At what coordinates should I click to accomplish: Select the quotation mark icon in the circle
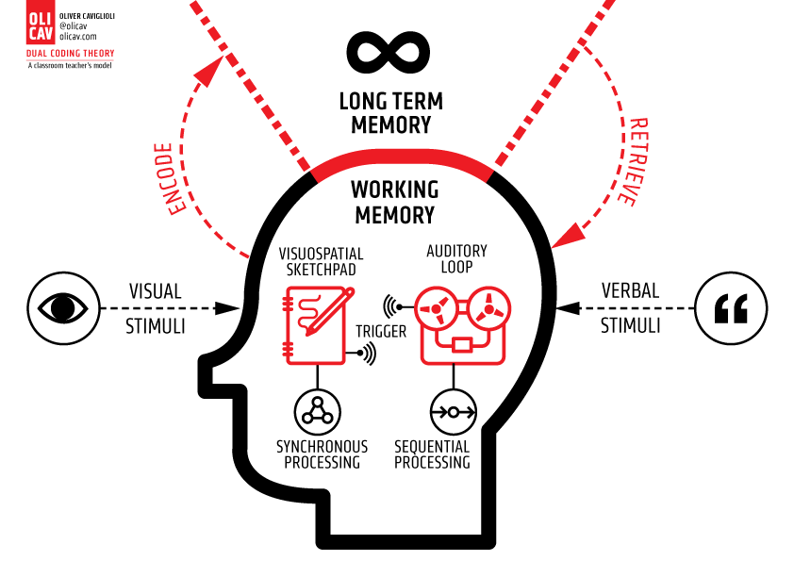(731, 307)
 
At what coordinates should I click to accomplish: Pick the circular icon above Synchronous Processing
(317, 411)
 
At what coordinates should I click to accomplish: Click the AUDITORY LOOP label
(456, 258)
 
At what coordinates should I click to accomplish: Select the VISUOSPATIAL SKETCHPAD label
(322, 261)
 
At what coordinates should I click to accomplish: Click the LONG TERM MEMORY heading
(389, 112)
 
